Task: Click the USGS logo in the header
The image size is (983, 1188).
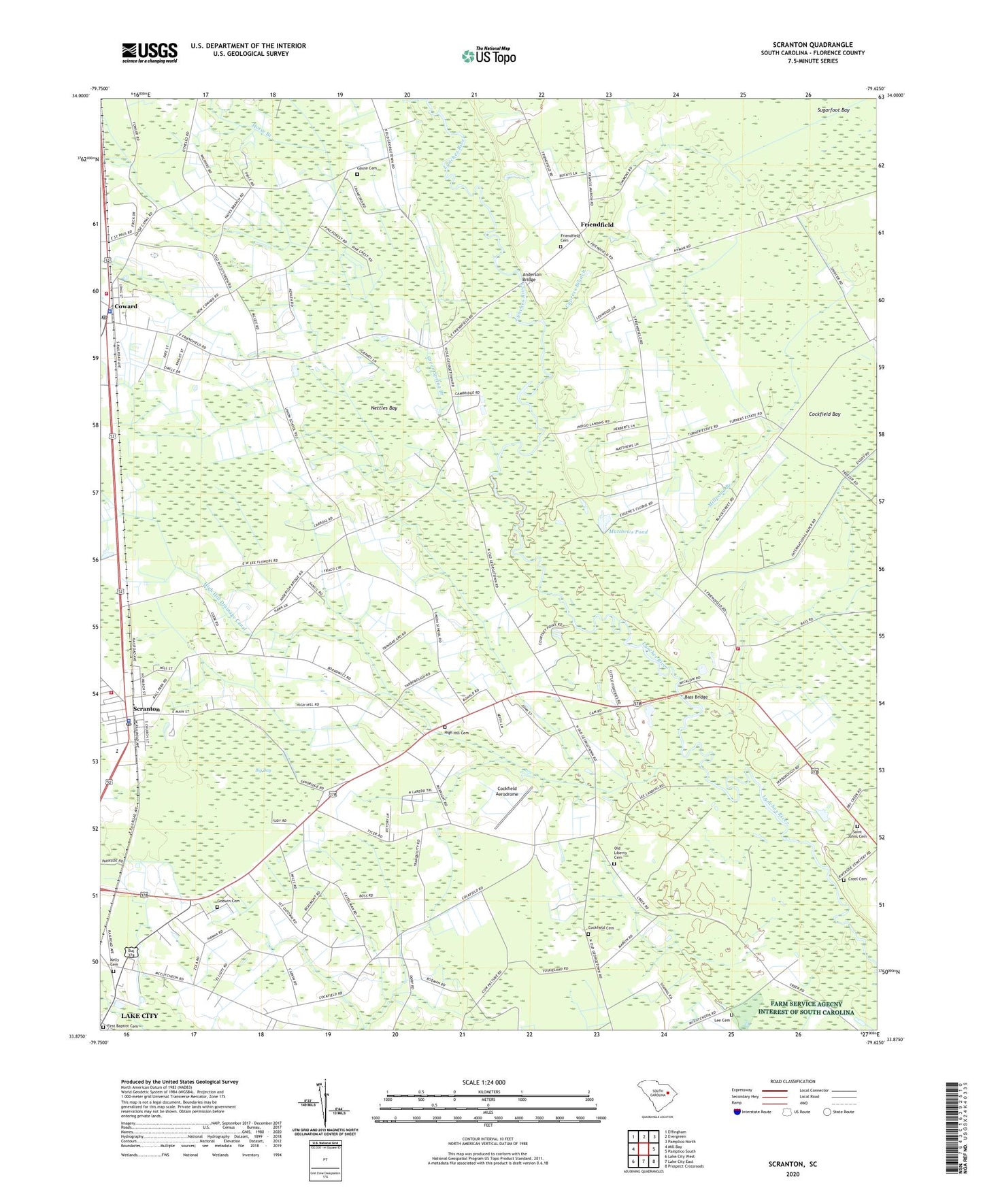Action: [150, 52]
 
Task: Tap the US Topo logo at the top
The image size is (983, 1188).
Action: [488, 56]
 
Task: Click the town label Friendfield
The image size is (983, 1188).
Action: [597, 225]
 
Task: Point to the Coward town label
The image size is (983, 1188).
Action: [126, 306]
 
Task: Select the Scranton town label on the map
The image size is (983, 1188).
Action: [146, 709]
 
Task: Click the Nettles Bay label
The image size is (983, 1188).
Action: [384, 408]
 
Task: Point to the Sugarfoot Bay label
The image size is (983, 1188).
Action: [833, 110]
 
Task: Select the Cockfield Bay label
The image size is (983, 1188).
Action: [824, 414]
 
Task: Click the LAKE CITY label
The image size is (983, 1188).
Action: [139, 1016]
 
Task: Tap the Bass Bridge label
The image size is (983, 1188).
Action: [696, 697]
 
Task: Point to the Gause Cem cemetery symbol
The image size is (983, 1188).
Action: [357, 174]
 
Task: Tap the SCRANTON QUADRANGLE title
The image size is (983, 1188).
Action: [812, 45]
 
